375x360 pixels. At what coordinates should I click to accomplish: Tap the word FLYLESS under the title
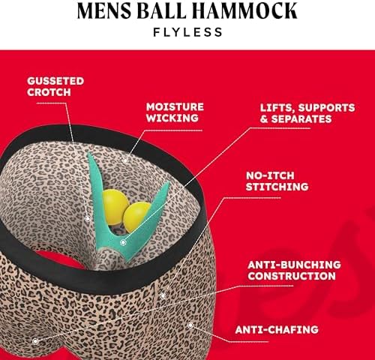tap(187, 32)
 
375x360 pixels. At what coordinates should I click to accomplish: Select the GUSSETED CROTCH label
tap(55, 86)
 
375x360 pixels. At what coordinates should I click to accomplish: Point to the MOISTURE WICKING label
tap(175, 112)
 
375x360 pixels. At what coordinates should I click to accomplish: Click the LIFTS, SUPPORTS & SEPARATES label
tap(307, 113)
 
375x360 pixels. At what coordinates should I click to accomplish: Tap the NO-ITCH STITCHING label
tap(277, 181)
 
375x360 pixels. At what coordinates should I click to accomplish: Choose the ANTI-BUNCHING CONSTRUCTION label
tap(294, 270)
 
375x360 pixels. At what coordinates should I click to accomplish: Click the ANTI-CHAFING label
tap(277, 330)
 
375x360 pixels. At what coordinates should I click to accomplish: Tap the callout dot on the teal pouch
tap(123, 242)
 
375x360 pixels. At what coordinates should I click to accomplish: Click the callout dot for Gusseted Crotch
tap(87, 219)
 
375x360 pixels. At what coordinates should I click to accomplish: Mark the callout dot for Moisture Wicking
tap(125, 160)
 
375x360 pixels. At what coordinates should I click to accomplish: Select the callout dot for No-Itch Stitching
tap(163, 295)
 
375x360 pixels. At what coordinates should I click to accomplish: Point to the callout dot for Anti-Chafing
tap(190, 325)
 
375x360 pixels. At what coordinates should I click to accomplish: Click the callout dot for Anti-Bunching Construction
tap(35, 341)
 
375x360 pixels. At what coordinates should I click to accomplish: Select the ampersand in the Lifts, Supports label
tap(263, 119)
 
